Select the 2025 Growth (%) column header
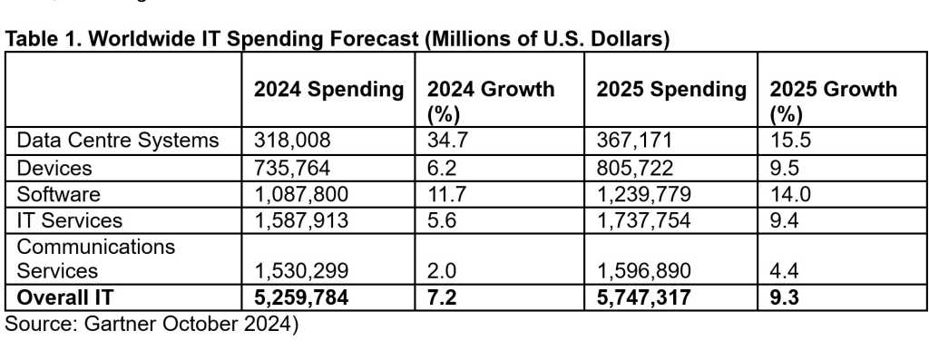pyautogui.click(x=833, y=100)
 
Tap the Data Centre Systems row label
pyautogui.click(x=118, y=141)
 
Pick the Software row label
pyautogui.click(x=54, y=194)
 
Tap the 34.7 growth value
pyautogui.click(x=442, y=141)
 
